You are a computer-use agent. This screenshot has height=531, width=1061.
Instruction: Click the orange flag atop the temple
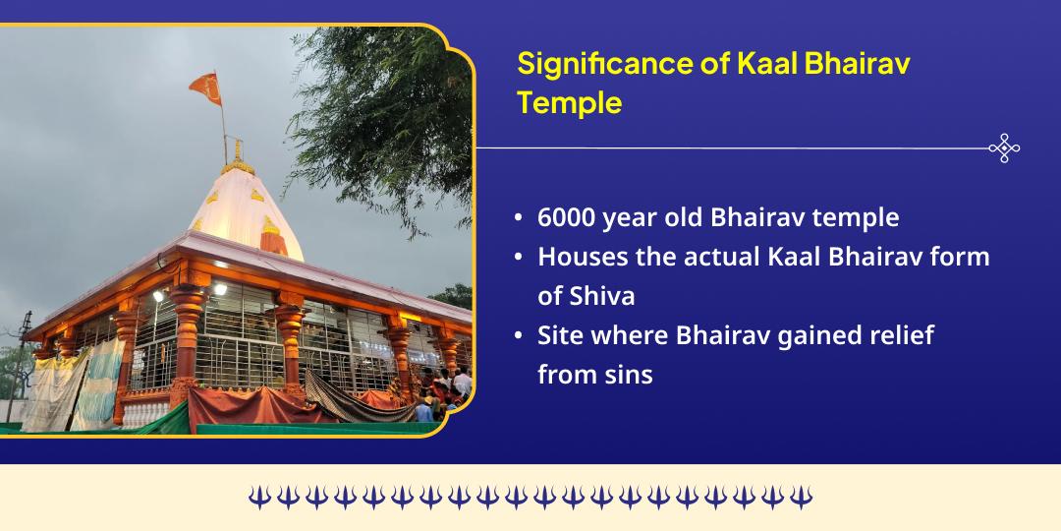coord(205,89)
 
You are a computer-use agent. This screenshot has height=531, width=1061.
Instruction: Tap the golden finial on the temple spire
coord(238,152)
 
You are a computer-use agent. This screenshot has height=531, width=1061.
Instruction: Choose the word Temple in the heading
coord(570,101)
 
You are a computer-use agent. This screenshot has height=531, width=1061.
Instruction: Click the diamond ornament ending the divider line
coord(1003,148)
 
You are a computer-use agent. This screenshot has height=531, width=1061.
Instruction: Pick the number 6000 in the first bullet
coord(568,217)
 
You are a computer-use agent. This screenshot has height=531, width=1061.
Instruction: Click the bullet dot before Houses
coord(518,258)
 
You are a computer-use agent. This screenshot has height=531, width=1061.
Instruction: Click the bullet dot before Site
coord(518,336)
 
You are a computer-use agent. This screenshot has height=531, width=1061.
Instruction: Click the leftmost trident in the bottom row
coord(258,498)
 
